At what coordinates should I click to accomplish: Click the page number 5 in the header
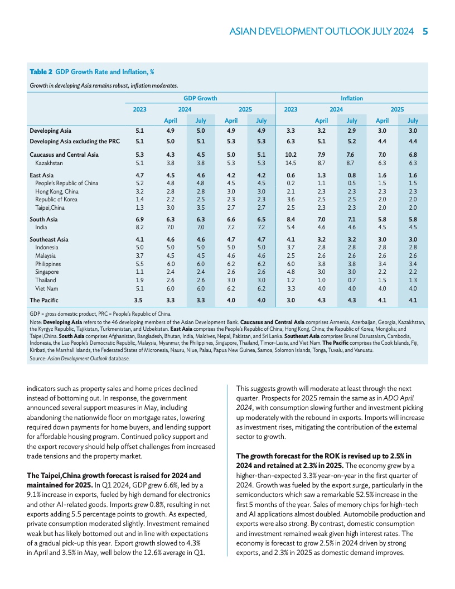coord(425,32)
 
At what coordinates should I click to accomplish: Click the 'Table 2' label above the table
coord(41,72)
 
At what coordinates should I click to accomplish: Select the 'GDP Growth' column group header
coord(201,98)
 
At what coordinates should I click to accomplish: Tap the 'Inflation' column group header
coord(352,98)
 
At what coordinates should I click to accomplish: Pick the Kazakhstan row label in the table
coord(49,163)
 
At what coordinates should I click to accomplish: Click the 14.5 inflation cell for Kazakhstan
coord(291,163)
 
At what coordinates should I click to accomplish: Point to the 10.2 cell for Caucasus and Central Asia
coord(291,155)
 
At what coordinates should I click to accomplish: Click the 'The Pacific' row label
coord(44,300)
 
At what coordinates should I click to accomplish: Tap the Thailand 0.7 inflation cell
coord(352,279)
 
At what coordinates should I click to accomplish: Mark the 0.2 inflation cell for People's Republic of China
coord(291,183)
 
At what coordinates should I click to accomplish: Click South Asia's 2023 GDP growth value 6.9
coord(140,220)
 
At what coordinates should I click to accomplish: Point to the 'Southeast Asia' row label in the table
coord(49,240)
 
